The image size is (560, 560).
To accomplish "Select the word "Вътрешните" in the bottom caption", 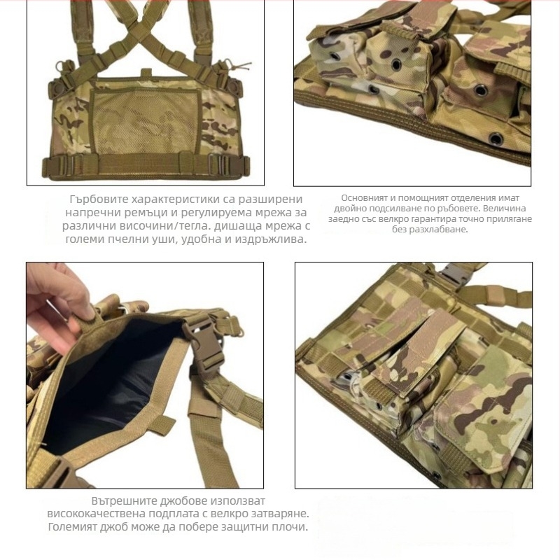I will point(125,501).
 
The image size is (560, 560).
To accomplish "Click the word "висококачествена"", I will point(93,514).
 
